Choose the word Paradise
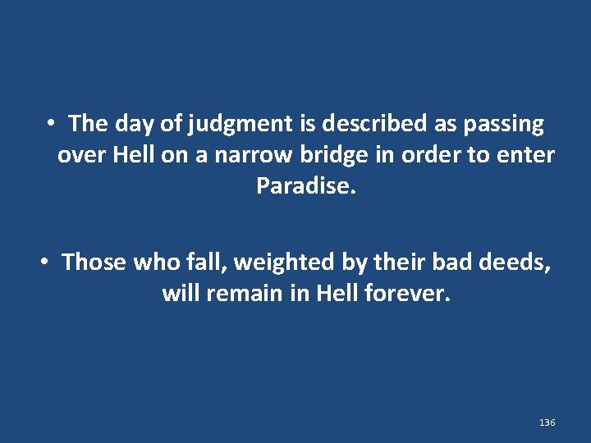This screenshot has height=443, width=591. point(306,186)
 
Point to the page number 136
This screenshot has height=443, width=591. point(547,422)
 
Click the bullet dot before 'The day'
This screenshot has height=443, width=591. point(51,124)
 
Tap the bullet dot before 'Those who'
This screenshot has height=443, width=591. point(45,262)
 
